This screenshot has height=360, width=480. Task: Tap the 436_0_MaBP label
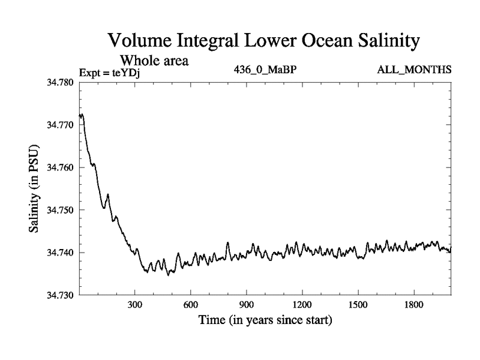pos(265,70)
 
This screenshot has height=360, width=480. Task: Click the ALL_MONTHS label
pos(414,70)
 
